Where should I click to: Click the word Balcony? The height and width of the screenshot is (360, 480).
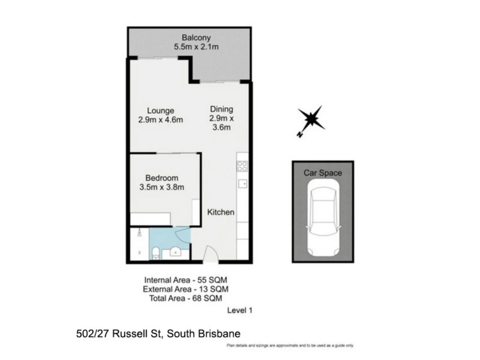pyautogui.click(x=196, y=38)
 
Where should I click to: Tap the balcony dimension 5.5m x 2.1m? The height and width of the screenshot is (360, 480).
pyautogui.click(x=196, y=47)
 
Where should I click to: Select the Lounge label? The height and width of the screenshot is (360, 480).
pyautogui.click(x=160, y=111)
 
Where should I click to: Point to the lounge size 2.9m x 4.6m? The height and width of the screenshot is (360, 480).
pyautogui.click(x=160, y=120)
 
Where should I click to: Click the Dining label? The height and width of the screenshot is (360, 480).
pyautogui.click(x=221, y=109)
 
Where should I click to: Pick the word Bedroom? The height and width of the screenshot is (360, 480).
pyautogui.click(x=162, y=178)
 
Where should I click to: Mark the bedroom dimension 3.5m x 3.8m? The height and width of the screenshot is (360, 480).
pyautogui.click(x=162, y=187)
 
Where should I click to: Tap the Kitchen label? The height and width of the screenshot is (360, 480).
pyautogui.click(x=220, y=212)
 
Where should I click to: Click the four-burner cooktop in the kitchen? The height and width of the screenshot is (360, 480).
pyautogui.click(x=242, y=166)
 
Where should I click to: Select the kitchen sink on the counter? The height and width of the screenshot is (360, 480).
pyautogui.click(x=242, y=184)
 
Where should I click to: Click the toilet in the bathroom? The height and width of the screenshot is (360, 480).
pyautogui.click(x=156, y=253)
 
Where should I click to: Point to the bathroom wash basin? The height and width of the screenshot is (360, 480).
pyautogui.click(x=174, y=252)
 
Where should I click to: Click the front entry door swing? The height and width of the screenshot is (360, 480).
pyautogui.click(x=210, y=254)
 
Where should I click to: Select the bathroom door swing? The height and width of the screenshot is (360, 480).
pyautogui.click(x=183, y=236)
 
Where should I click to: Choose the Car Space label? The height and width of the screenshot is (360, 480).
pyautogui.click(x=323, y=173)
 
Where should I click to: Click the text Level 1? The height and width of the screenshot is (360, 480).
pyautogui.click(x=240, y=310)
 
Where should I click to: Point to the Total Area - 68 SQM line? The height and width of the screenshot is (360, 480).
pyautogui.click(x=185, y=298)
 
